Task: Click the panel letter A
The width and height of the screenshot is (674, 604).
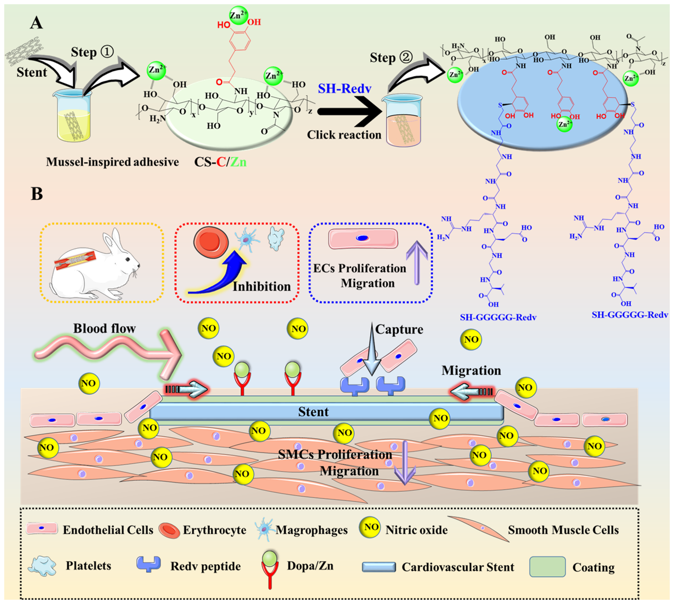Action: click(x=36, y=22)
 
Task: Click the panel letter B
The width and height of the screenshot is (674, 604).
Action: click(x=37, y=193)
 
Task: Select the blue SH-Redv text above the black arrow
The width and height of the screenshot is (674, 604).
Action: click(x=344, y=89)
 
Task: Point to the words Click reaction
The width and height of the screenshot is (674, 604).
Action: click(x=344, y=135)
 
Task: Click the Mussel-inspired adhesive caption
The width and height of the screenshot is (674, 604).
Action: click(x=113, y=162)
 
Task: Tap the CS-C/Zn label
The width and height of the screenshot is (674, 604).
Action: click(x=220, y=162)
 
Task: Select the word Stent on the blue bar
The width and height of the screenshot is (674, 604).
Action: click(x=313, y=412)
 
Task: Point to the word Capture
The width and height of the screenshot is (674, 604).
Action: click(x=399, y=329)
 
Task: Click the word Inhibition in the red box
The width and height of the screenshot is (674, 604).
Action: click(x=262, y=286)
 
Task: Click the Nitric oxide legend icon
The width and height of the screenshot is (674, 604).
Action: click(x=371, y=528)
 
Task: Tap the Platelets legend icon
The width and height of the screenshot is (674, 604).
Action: click(x=42, y=566)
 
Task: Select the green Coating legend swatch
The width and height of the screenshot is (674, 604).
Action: click(x=547, y=567)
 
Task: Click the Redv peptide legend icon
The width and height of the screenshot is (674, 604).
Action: click(x=149, y=564)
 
